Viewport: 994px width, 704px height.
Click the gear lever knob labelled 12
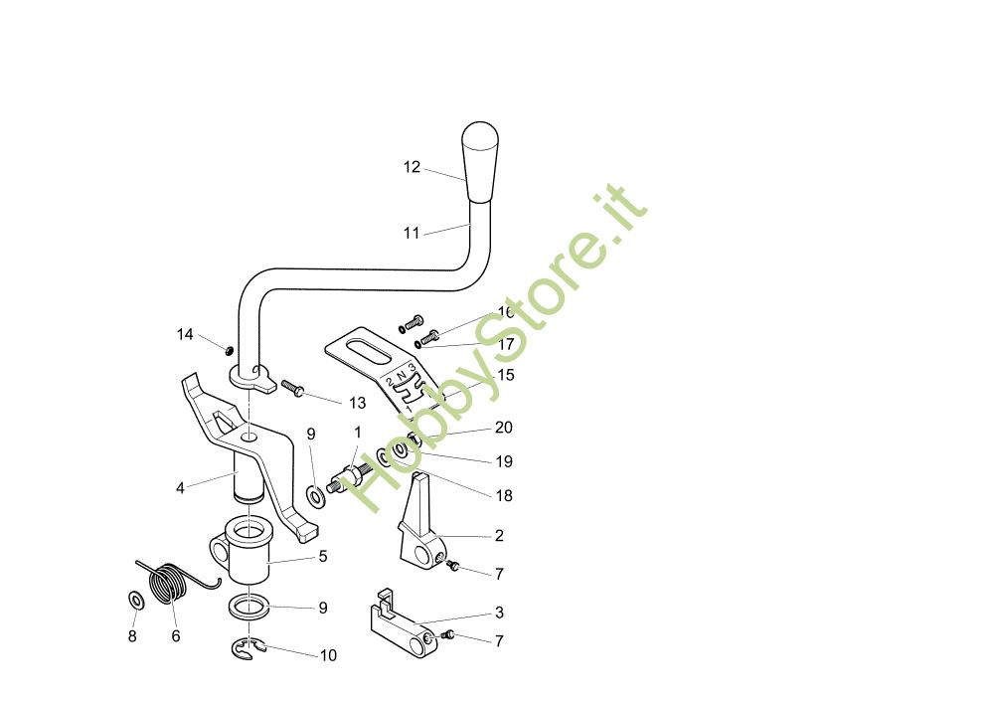[480, 162]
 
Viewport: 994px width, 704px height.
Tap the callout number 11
[412, 233]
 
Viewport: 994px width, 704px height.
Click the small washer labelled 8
[134, 601]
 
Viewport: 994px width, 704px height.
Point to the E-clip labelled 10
[245, 649]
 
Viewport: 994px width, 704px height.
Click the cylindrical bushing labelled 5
[248, 557]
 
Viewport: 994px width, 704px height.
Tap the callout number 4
[180, 488]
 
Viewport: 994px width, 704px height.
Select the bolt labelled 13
[292, 387]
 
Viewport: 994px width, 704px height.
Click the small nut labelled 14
[228, 349]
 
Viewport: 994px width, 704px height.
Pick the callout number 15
[506, 375]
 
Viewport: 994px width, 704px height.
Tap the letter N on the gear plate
[402, 375]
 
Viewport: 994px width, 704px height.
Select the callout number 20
[504, 428]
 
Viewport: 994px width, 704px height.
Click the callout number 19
[504, 461]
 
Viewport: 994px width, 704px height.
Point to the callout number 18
[504, 495]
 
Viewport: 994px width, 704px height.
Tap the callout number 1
[358, 434]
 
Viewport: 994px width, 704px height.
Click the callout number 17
[506, 344]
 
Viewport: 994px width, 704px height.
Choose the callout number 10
[328, 655]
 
